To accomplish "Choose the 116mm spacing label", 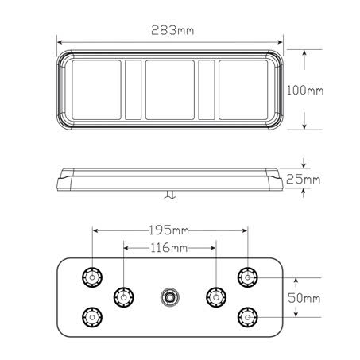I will click(168, 249).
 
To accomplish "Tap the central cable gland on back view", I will click(168, 297).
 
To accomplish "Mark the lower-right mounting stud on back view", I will click(247, 317).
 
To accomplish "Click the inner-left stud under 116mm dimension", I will click(122, 297).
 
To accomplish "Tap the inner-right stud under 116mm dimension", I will click(213, 297).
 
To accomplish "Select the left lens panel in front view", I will click(95, 90).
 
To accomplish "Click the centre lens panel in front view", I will click(170, 90).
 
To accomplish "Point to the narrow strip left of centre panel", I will click(134, 90).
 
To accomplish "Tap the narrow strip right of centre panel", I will click(207, 90).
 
